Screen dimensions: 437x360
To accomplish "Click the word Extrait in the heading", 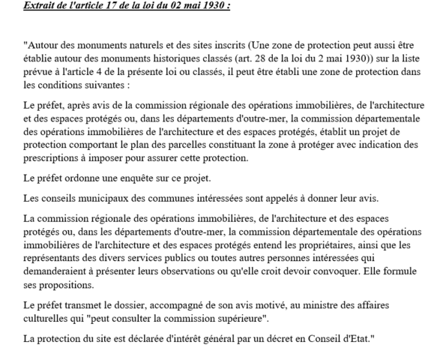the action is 40,6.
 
